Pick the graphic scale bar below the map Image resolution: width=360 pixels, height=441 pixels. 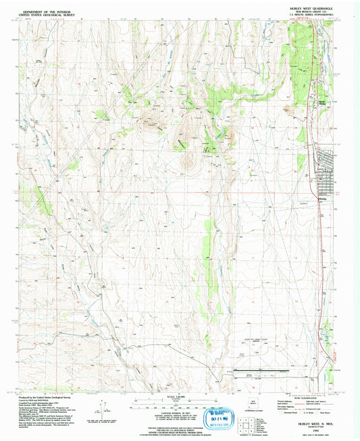coord(179,401)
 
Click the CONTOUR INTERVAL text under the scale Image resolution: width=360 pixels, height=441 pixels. coord(179,410)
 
